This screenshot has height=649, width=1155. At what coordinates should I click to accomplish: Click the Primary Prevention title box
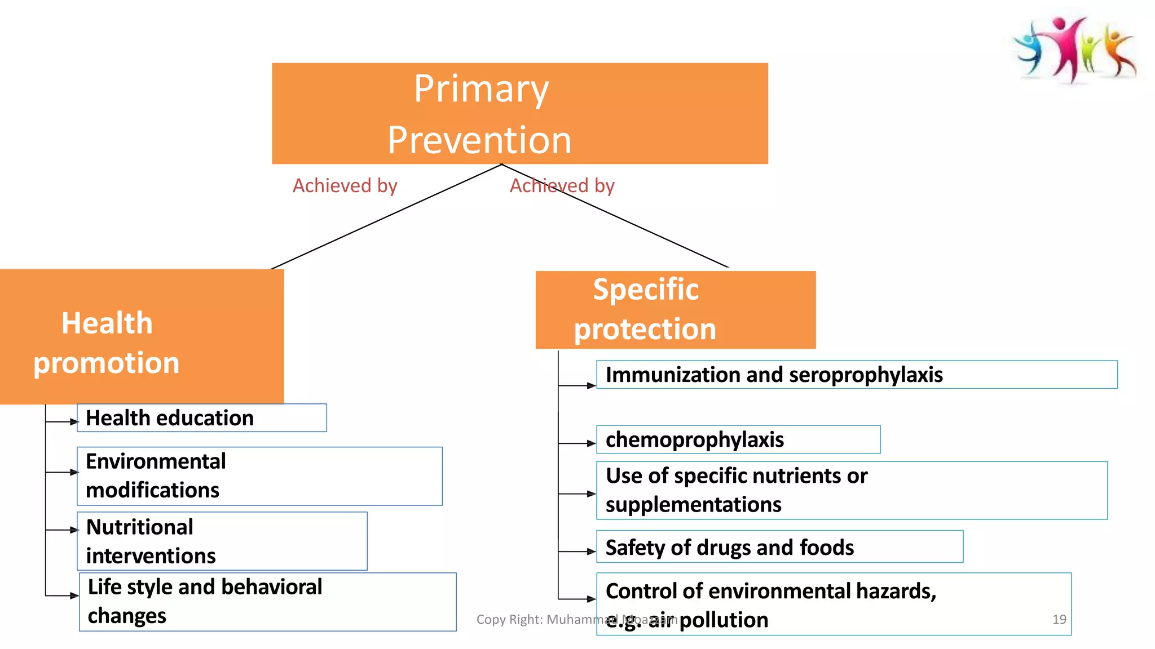point(519,113)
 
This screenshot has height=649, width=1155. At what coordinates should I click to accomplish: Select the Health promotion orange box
point(141,336)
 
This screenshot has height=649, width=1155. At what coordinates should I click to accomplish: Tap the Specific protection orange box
point(675,309)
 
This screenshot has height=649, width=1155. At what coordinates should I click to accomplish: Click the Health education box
point(201,418)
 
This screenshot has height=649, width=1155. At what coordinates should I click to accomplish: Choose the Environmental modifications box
point(259,476)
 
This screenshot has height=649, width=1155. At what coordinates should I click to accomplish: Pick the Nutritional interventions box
point(222,541)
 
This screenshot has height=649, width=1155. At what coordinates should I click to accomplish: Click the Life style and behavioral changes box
point(267,602)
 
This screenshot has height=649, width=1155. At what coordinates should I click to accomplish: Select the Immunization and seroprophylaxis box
point(856,375)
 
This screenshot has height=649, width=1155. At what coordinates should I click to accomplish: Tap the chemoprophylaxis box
point(738,439)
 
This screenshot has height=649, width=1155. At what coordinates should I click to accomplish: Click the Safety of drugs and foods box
point(779,547)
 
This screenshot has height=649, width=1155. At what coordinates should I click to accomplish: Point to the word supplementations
point(693,505)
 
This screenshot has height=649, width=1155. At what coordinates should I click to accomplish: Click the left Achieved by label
point(345,185)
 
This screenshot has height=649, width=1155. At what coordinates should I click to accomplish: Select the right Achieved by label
point(562,185)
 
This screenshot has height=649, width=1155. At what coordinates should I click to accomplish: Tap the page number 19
point(1059,619)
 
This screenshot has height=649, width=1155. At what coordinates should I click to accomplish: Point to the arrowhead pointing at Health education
point(74,421)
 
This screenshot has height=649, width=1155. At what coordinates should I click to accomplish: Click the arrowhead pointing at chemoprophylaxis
point(592,443)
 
